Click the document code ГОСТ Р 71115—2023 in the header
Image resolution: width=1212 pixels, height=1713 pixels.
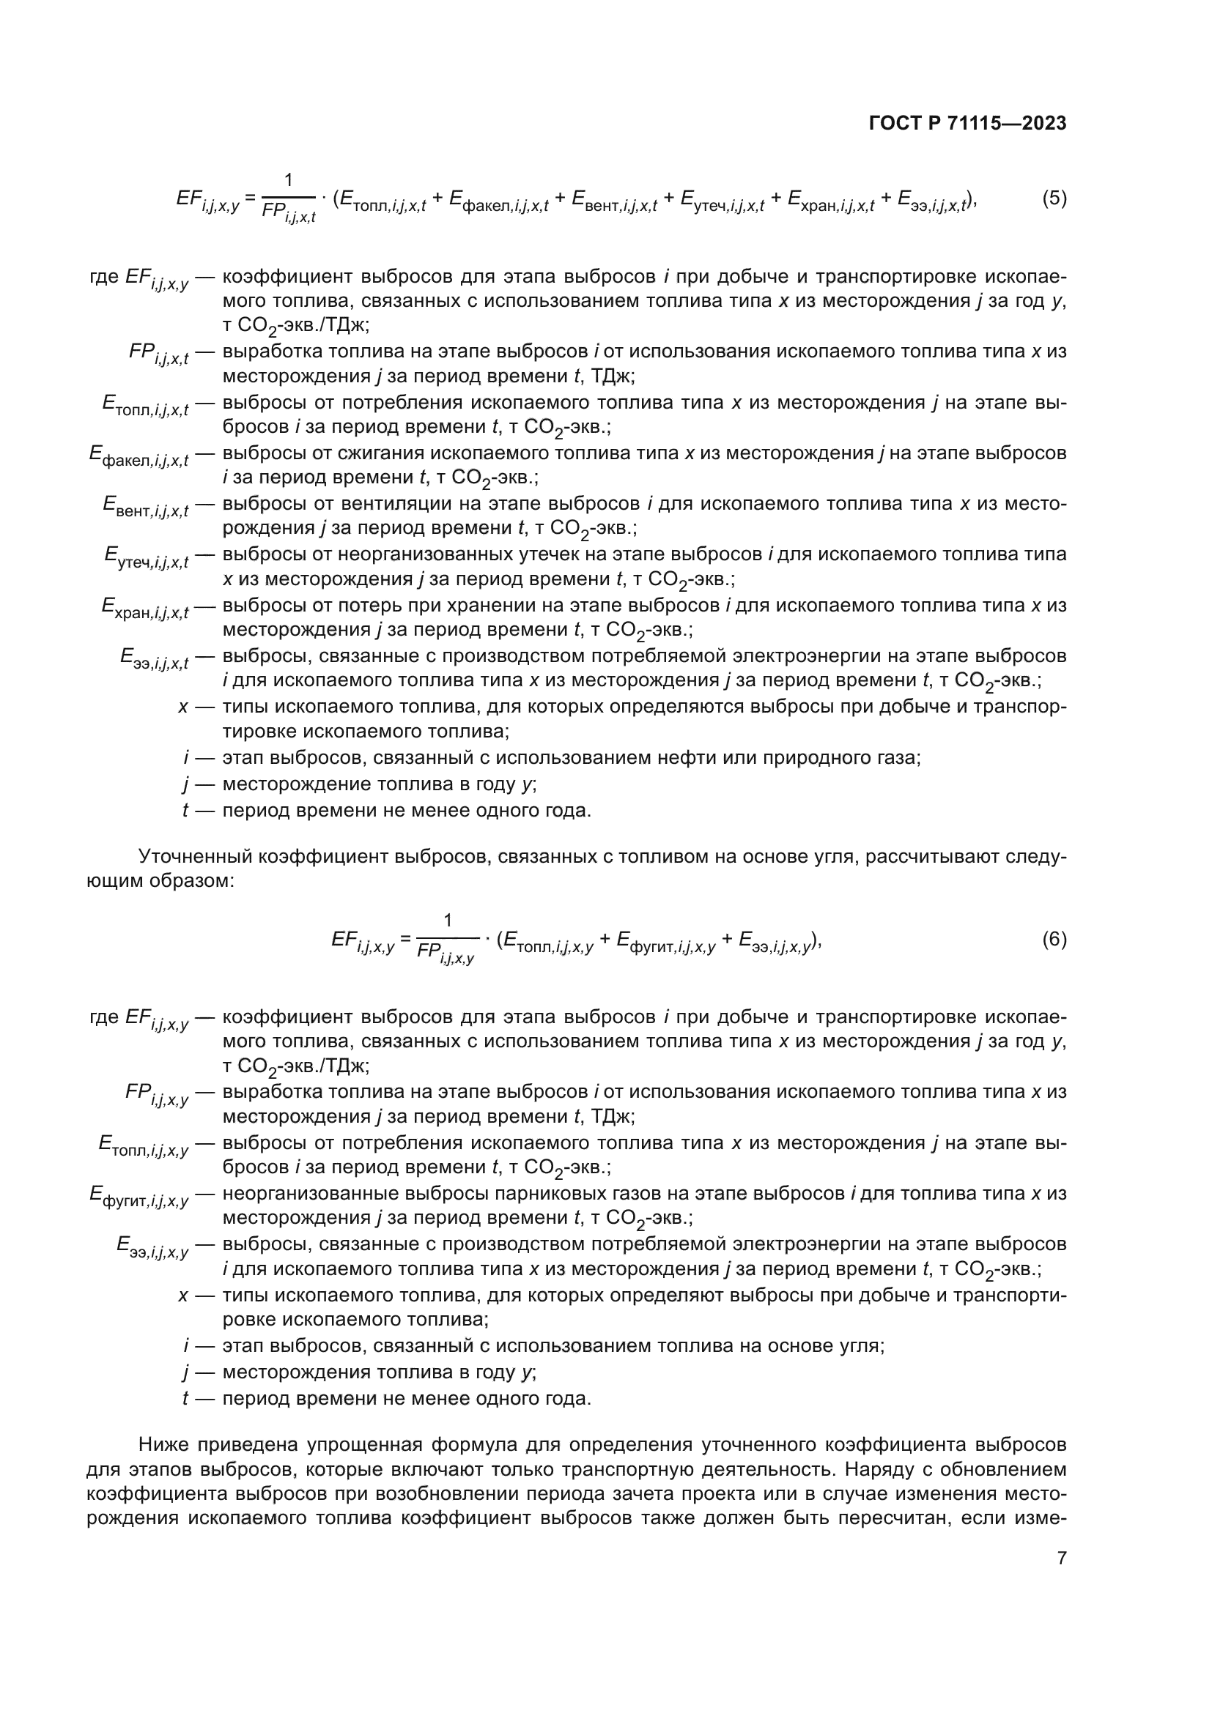pos(967,124)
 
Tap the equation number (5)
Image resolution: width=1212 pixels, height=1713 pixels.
pos(1054,198)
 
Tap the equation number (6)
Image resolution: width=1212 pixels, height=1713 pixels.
pos(1054,940)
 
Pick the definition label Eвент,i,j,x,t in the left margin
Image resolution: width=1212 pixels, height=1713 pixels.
pos(146,507)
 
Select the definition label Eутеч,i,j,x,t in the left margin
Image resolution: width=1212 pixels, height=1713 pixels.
pos(147,557)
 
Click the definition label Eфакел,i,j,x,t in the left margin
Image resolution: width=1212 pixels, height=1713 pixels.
pos(138,456)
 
